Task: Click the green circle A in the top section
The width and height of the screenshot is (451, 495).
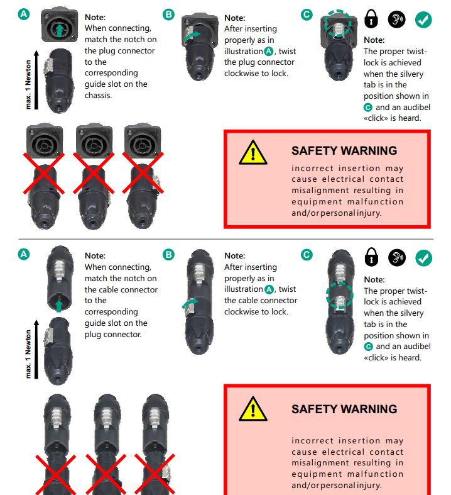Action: [24, 14]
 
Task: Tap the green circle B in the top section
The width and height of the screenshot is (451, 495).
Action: [168, 14]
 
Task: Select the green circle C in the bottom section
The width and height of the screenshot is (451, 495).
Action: [307, 255]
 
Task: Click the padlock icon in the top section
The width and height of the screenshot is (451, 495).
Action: [371, 19]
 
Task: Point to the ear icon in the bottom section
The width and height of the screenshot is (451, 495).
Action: [397, 258]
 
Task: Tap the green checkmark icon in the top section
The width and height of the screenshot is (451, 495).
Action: [423, 20]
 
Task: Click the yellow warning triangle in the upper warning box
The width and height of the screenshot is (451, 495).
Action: [253, 153]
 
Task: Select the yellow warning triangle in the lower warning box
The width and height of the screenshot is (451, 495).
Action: [253, 409]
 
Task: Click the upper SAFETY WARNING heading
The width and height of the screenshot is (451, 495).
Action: [344, 150]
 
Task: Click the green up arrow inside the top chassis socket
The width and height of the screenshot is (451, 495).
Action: [60, 31]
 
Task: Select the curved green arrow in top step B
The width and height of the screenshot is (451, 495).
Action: [192, 36]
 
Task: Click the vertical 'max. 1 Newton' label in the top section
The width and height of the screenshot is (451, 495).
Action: [28, 85]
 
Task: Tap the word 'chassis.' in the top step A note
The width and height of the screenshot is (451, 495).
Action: [98, 96]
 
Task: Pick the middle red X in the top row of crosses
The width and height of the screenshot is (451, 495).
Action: [94, 173]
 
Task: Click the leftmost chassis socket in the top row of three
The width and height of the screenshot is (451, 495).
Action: [45, 140]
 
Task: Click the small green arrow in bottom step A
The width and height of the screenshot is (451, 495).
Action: [58, 306]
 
